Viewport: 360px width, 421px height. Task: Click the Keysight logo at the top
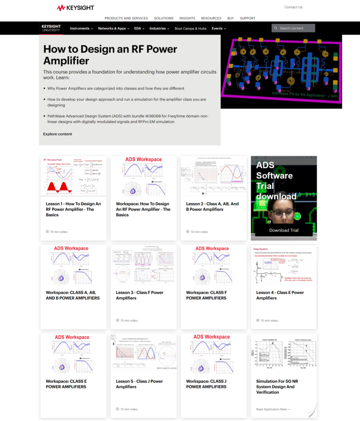pyautogui.click(x=75, y=8)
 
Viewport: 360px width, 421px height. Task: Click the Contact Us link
pyautogui.click(x=293, y=7)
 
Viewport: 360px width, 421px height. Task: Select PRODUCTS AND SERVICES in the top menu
pyautogui.click(x=126, y=18)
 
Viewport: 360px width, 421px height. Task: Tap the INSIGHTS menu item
pyautogui.click(x=187, y=18)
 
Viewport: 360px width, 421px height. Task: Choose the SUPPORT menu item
pyautogui.click(x=247, y=18)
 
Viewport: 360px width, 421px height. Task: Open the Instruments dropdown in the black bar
pyautogui.click(x=81, y=28)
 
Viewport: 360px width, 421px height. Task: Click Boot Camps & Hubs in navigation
pyautogui.click(x=190, y=28)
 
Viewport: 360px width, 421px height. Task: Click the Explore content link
pyautogui.click(x=58, y=134)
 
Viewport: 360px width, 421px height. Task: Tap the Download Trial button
pyautogui.click(x=284, y=230)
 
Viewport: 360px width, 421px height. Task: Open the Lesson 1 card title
pyautogui.click(x=73, y=209)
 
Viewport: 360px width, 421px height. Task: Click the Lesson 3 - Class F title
pyautogui.click(x=140, y=295)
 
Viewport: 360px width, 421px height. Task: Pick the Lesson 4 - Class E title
pyautogui.click(x=280, y=295)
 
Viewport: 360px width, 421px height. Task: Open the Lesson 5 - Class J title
pyautogui.click(x=140, y=384)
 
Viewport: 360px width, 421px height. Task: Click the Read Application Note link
pyautogui.click(x=273, y=409)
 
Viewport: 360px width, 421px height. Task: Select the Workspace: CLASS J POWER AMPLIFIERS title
pyautogui.click(x=206, y=384)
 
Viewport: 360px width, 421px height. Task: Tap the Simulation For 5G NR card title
pyautogui.click(x=277, y=387)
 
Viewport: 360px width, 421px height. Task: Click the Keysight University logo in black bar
pyautogui.click(x=51, y=28)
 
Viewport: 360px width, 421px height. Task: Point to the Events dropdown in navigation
pyautogui.click(x=218, y=28)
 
